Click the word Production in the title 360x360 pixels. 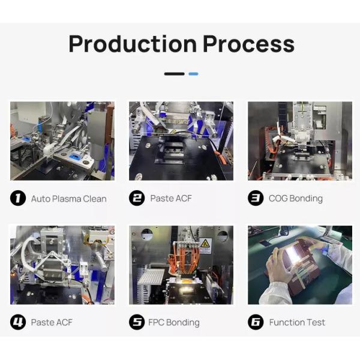pos(133,44)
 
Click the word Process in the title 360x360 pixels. pos(248,44)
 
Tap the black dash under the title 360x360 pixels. pos(174,74)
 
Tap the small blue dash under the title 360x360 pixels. pos(193,74)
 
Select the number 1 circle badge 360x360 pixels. pos(18,198)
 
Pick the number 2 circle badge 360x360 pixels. pos(137,198)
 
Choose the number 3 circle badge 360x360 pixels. pos(256,198)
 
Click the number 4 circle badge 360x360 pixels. pos(18,322)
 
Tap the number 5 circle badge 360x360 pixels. pos(137,322)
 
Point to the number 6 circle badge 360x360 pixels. pos(256,322)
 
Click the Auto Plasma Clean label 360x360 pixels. pos(68,199)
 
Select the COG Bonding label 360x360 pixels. pos(295,199)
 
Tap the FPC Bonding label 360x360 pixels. pos(174,322)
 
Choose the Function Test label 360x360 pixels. pos(297,322)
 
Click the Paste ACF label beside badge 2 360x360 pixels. pos(171,199)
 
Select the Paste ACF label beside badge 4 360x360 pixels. pos(52,322)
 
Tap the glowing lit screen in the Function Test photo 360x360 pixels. pos(295,254)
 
